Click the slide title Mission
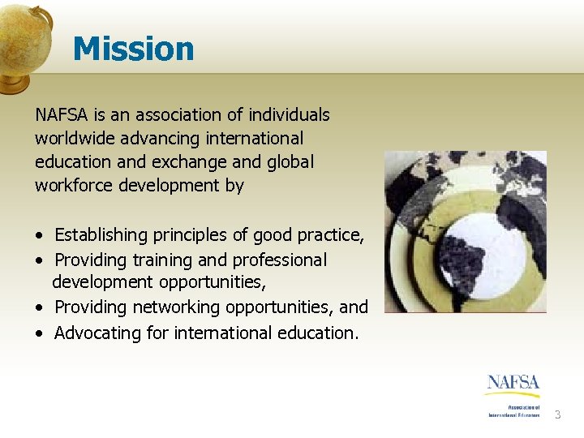[x=133, y=49]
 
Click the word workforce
[x=74, y=185]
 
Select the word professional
[x=279, y=260]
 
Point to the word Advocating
[x=95, y=333]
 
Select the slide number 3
[x=557, y=415]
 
